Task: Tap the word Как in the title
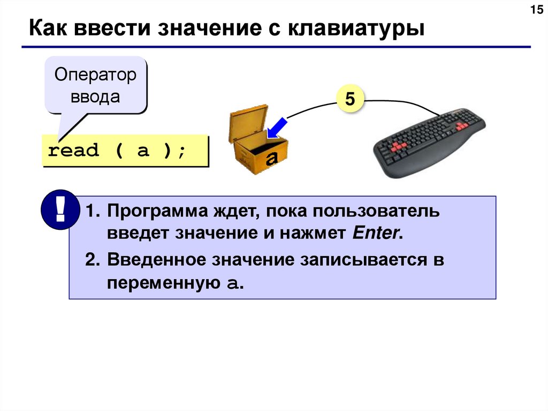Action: (x=45, y=28)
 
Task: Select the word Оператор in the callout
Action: (x=95, y=76)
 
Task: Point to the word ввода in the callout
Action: (x=95, y=98)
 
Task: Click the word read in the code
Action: (x=73, y=151)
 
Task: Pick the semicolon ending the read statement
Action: (x=183, y=151)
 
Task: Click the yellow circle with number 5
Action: (x=349, y=99)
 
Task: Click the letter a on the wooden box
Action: (x=272, y=158)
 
